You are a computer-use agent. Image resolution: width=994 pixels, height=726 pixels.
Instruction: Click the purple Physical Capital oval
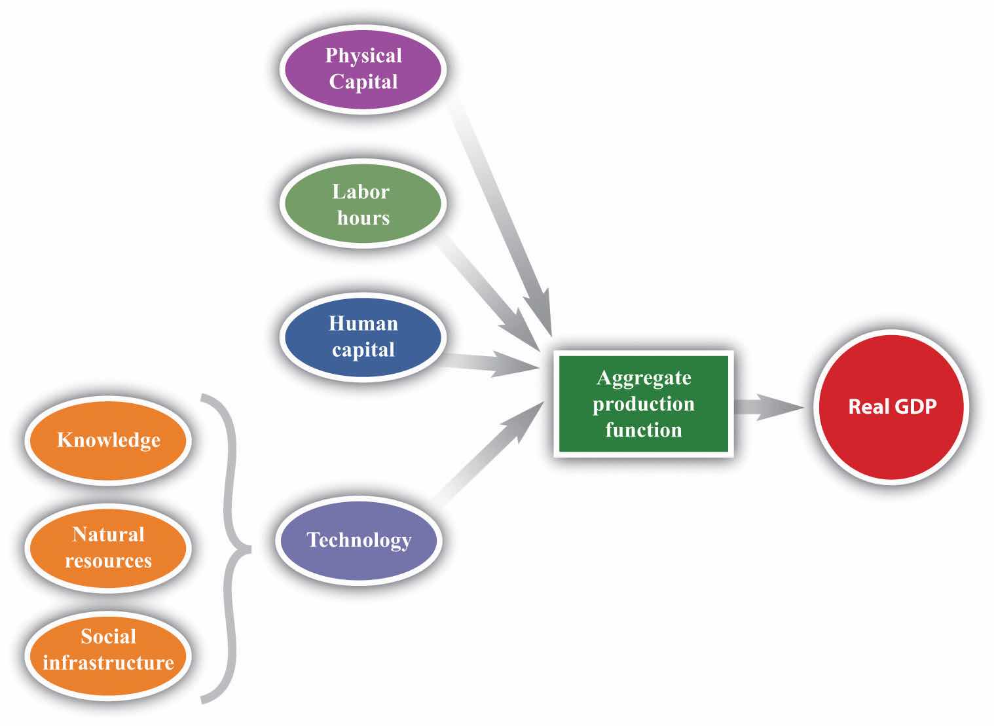coord(363,69)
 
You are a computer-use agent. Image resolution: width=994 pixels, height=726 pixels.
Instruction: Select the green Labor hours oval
coord(363,204)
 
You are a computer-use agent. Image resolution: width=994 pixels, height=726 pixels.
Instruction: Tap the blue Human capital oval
coord(363,336)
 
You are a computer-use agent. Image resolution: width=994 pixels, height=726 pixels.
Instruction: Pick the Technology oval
coord(358,540)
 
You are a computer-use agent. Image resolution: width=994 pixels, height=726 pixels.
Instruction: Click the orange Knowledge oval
coord(108,440)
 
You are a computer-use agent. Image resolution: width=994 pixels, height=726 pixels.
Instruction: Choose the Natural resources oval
coord(108,547)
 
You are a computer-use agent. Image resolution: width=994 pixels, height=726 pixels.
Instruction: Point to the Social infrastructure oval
coord(108,649)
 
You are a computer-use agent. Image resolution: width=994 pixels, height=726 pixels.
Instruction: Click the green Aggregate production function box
coord(644,404)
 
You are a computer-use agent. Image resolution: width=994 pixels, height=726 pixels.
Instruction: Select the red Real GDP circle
coord(892,407)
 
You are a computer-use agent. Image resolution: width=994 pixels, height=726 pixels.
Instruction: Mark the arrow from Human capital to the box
coord(491,362)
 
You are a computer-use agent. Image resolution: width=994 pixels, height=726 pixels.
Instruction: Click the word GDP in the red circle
coord(915,407)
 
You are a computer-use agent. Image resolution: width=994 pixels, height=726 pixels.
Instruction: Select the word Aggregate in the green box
coord(644,378)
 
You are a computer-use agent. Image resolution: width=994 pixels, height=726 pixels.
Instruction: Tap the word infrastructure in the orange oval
coord(108,662)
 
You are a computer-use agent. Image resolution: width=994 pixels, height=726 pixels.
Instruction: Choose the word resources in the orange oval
coord(108,561)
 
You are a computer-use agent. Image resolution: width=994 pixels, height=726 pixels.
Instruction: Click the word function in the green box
coord(644,430)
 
